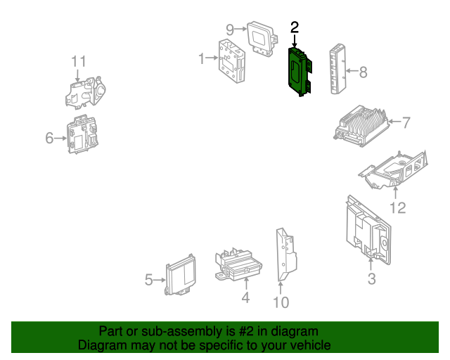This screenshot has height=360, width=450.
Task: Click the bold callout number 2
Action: tap(295, 27)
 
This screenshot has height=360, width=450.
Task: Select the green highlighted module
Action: tap(299, 72)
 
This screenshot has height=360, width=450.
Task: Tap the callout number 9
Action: tap(230, 30)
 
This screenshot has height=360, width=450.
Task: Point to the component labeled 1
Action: tap(232, 61)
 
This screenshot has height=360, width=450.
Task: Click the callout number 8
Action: tap(363, 72)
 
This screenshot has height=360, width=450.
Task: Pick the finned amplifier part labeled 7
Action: tap(361, 127)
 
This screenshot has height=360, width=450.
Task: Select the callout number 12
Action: tap(398, 208)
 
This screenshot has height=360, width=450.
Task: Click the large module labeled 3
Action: tap(368, 230)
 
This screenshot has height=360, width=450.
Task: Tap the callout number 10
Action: tap(281, 302)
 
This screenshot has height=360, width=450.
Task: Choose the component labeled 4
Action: tap(238, 264)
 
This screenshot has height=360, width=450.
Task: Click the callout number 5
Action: tap(148, 280)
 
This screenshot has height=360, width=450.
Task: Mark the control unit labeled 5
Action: tap(181, 275)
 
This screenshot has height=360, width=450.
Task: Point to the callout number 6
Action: tap(49, 138)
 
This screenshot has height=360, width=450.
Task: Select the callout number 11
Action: tap(78, 62)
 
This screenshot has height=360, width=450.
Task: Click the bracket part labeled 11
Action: tap(85, 92)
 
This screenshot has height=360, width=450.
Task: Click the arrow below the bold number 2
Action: tap(295, 41)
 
